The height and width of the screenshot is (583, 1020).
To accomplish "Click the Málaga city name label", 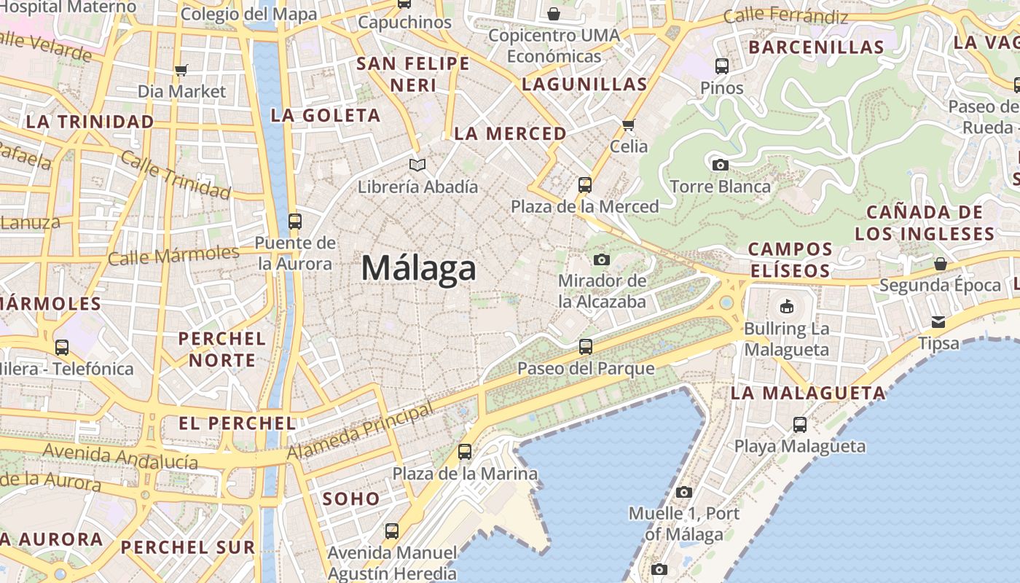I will click(x=419, y=268).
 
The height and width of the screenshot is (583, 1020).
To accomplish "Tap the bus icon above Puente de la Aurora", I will click(x=294, y=221).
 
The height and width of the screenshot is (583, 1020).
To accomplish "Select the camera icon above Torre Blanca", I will click(x=721, y=165).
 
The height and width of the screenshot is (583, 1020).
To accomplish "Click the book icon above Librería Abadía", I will click(x=417, y=165).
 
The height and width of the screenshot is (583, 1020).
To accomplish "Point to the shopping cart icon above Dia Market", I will click(x=181, y=70).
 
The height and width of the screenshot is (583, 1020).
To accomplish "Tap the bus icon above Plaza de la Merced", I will click(x=584, y=184).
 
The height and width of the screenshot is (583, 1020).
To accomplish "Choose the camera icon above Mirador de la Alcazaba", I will click(x=602, y=259).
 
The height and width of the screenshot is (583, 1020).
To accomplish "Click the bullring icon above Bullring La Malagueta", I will click(x=786, y=306).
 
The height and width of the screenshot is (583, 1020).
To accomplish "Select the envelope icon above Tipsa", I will click(x=938, y=321).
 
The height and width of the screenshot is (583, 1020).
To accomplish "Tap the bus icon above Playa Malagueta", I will click(x=799, y=424).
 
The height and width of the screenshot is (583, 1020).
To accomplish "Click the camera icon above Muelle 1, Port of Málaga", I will click(x=683, y=492).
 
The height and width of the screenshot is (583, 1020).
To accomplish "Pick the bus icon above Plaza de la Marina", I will click(x=465, y=452).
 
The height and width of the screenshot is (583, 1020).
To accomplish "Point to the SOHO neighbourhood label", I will click(x=351, y=499).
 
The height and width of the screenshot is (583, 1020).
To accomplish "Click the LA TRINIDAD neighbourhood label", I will click(x=90, y=122).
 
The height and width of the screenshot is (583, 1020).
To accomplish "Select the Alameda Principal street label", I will click(x=360, y=433).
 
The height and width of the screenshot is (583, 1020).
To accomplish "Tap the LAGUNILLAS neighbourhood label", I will click(x=584, y=84).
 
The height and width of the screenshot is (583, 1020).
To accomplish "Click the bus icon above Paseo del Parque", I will click(x=585, y=346).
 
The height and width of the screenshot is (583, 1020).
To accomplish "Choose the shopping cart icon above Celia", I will click(x=629, y=125).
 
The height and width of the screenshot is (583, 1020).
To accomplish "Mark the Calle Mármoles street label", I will click(x=173, y=255).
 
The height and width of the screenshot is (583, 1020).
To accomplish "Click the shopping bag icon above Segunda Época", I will click(x=940, y=263).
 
